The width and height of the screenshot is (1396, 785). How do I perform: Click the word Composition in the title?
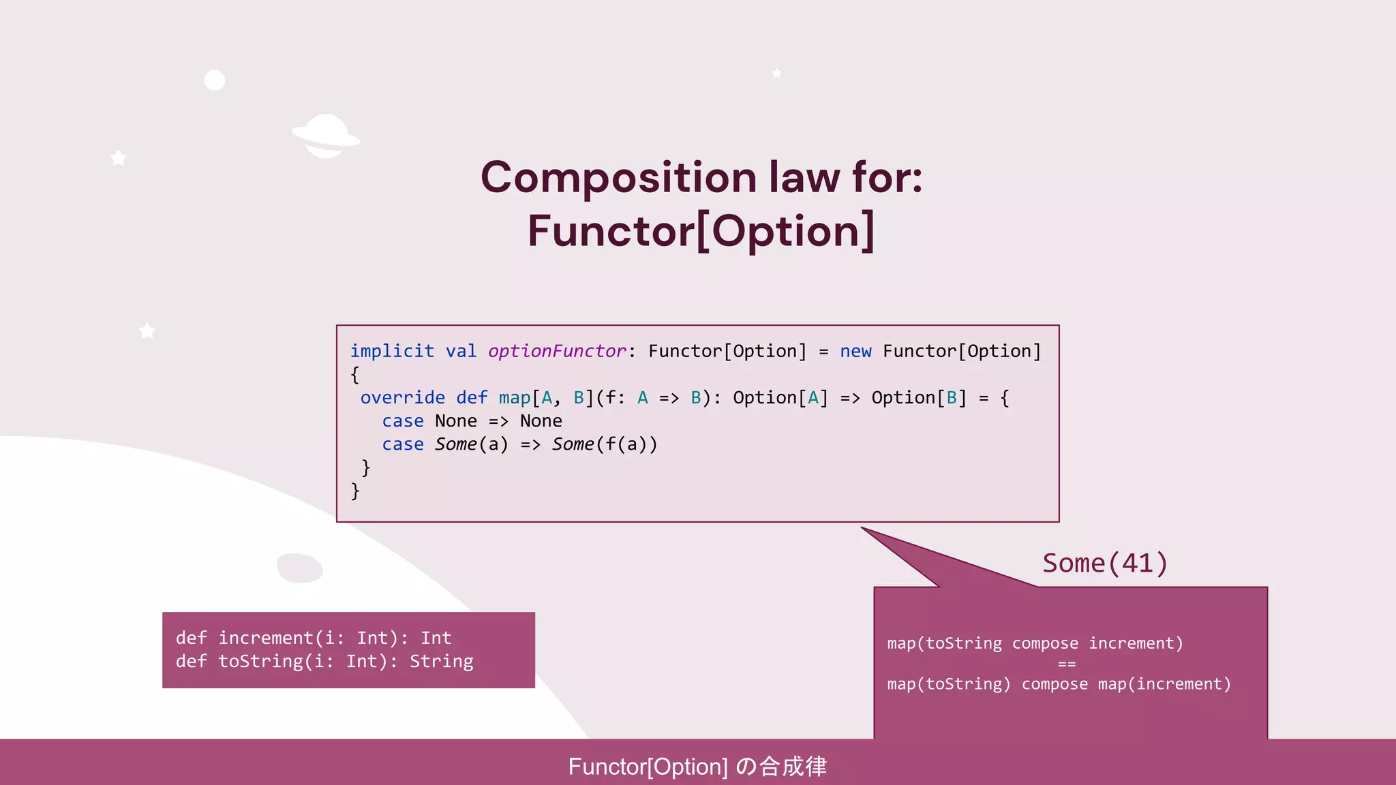tap(618, 178)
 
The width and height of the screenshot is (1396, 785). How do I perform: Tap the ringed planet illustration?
tap(326, 136)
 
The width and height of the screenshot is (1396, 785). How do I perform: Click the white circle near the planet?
tap(215, 80)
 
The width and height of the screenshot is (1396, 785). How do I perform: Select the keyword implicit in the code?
tap(392, 352)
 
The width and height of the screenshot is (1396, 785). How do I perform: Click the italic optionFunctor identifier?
tap(557, 352)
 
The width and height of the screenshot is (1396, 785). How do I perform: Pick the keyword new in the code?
tap(855, 352)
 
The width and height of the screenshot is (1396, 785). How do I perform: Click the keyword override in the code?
tap(402, 398)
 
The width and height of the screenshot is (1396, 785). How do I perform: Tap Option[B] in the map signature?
tap(918, 398)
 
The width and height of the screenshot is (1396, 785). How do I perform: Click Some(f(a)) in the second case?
tap(605, 444)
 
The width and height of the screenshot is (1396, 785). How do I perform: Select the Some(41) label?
tap(1105, 564)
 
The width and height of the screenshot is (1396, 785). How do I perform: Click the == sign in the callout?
tap(1067, 664)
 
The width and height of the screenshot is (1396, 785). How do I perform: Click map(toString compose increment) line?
tap(1035, 643)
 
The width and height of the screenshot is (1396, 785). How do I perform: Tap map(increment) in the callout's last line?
tap(1164, 684)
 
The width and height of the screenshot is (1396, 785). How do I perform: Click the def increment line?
tap(314, 638)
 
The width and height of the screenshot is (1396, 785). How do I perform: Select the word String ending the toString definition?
tap(441, 662)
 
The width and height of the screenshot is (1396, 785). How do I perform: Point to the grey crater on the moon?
tap(299, 568)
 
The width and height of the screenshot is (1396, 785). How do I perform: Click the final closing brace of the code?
tap(354, 491)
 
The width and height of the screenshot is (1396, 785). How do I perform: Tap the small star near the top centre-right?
tap(776, 73)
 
